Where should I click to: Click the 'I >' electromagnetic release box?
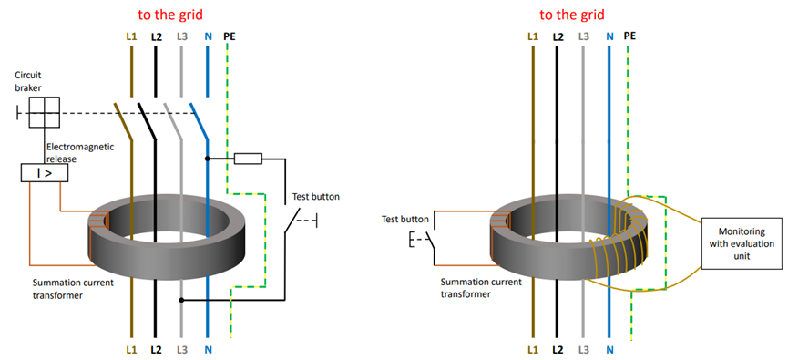pos(45,172)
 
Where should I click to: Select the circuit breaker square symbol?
pos(44,113)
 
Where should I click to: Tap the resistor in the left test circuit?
pos(249,159)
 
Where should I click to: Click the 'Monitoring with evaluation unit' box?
pos(742,243)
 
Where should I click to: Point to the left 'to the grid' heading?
pos(170,15)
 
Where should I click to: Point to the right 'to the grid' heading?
pos(572,15)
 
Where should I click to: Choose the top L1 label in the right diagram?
pos(533,36)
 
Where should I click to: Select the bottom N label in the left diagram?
pos(207,348)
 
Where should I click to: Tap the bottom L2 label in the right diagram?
pos(557,348)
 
